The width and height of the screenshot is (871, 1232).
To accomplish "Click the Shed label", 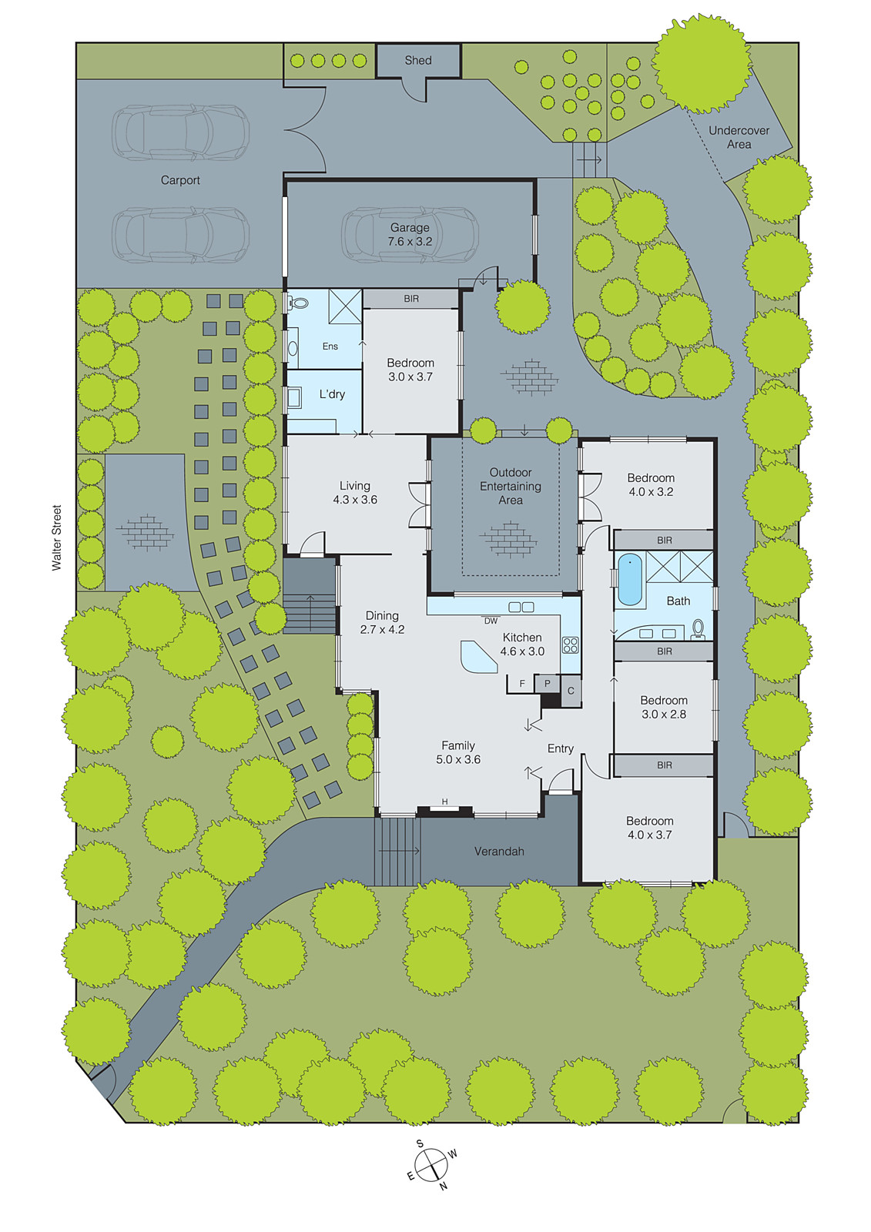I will (x=418, y=60).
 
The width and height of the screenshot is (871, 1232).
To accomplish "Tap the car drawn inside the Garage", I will (x=410, y=234).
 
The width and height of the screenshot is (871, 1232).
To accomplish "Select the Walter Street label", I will (x=56, y=537).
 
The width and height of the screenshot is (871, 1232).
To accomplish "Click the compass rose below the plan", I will (x=431, y=1164).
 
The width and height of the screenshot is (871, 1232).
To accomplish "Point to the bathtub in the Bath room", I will (x=629, y=580).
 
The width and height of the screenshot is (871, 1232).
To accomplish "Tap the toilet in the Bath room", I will (x=698, y=628).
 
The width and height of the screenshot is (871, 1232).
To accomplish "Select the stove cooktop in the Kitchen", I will (x=570, y=644).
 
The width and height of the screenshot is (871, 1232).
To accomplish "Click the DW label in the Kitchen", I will (x=491, y=621).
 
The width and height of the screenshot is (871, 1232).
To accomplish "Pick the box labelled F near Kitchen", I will (x=522, y=684).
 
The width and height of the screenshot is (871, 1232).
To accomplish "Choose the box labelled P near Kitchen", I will (x=548, y=683).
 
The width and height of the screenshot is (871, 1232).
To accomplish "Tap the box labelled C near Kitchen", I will (x=571, y=691).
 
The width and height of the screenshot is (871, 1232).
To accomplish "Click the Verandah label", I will (x=499, y=851).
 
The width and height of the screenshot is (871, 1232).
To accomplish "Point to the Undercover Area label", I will (x=739, y=137).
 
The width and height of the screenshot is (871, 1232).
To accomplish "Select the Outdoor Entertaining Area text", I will (x=511, y=486).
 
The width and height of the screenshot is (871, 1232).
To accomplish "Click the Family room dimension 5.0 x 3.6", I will (x=458, y=759).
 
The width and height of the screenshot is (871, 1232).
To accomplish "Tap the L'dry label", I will (x=332, y=394).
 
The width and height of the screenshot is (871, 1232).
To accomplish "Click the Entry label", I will (x=561, y=748).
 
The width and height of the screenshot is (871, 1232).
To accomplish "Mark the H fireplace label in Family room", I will (x=444, y=802).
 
